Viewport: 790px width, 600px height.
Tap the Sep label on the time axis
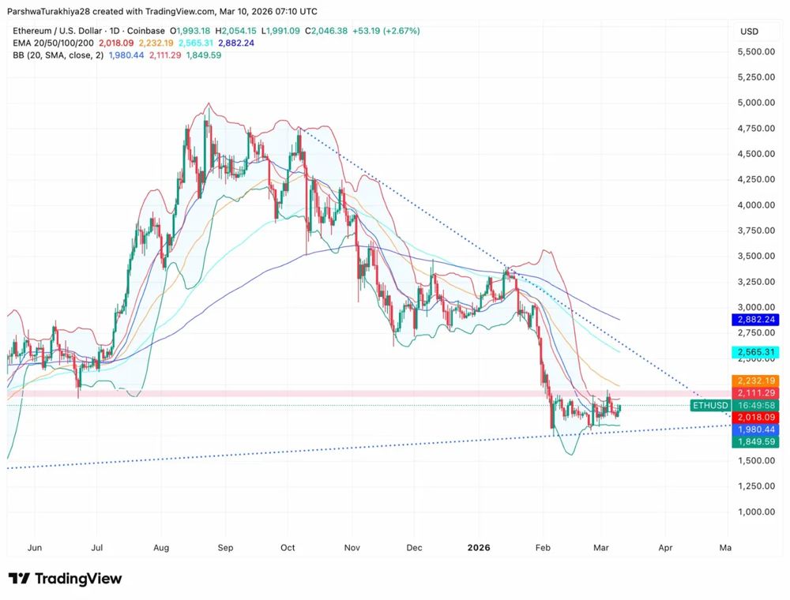coord(225,547)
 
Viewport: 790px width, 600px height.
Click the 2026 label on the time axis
coord(479,547)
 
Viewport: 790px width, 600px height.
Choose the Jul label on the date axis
coord(97,547)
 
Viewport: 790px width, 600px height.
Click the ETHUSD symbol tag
coord(709,405)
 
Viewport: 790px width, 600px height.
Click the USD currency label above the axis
coord(749,31)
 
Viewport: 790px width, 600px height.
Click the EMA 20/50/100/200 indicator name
coord(52,43)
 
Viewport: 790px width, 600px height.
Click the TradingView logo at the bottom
coord(66,579)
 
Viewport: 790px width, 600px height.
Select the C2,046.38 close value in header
coord(325,31)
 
